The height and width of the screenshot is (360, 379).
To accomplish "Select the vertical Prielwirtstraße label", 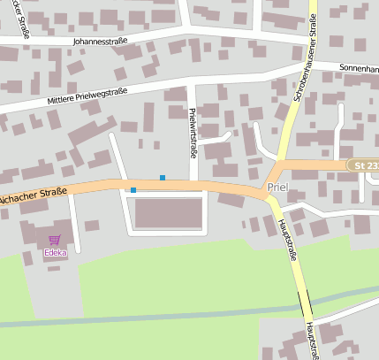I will coord(193,131).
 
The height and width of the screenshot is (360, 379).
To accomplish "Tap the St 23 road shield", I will coord(363,165).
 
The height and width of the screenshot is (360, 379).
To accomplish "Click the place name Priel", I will coord(277,188).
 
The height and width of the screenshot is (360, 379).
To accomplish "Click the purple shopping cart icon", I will coord(55,240).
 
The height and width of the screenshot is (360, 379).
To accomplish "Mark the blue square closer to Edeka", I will coord(133,190).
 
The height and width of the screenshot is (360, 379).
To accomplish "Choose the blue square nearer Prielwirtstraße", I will coord(163,178).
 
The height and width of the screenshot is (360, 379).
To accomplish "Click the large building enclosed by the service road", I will coord(168,212).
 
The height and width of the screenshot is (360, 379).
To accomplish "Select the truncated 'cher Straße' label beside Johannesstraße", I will coord(14,40).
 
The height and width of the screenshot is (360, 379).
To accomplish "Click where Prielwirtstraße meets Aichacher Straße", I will coord(193,184).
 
